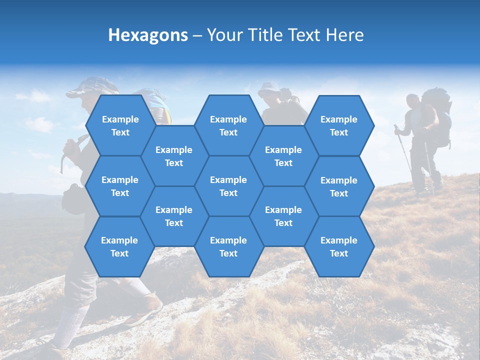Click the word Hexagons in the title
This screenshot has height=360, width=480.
click(148, 35)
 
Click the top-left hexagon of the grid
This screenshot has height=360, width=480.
click(120, 125)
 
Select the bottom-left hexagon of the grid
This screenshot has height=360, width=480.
click(119, 246)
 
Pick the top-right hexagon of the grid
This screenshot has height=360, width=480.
click(339, 125)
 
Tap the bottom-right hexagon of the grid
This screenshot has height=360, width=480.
click(339, 246)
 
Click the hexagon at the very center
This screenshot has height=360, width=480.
click(228, 186)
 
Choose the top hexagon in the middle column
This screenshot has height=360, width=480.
click(228, 125)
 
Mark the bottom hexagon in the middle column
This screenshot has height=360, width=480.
click(228, 246)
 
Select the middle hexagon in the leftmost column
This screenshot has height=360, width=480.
click(120, 186)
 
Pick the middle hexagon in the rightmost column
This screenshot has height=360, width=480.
click(339, 186)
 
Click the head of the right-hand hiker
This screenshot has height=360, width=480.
click(413, 101)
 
